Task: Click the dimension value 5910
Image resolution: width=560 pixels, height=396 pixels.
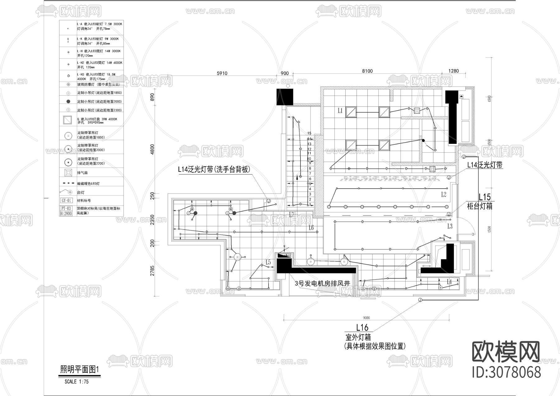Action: click(222, 74)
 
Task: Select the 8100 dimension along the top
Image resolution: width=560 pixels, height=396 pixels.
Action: click(367, 71)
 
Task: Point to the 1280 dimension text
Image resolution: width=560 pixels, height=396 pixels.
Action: click(453, 71)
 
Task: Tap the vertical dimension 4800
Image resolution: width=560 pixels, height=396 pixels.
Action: click(152, 149)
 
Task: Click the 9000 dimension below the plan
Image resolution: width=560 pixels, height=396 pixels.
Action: click(366, 318)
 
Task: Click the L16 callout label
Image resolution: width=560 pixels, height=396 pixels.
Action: click(362, 327)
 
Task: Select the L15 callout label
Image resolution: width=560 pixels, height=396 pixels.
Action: click(484, 197)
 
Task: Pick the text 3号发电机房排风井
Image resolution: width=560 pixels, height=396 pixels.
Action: click(323, 283)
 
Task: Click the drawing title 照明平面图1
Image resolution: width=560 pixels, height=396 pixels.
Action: click(79, 370)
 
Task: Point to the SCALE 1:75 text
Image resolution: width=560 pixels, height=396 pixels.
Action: click(77, 382)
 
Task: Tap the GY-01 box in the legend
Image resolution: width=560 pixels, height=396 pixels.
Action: click(67, 201)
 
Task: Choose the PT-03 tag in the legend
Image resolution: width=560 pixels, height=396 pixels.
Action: click(66, 208)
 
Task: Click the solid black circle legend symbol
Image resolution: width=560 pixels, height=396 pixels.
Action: click(68, 101)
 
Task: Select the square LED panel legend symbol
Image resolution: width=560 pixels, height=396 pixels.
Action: click(68, 120)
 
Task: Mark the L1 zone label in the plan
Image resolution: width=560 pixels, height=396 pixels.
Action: click(340, 111)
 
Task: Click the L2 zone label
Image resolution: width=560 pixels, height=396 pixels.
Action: click(444, 195)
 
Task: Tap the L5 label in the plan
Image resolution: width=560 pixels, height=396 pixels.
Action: click(268, 262)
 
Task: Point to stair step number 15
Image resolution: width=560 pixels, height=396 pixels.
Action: click(309, 133)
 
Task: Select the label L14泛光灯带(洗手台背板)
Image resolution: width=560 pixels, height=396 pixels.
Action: click(214, 169)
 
